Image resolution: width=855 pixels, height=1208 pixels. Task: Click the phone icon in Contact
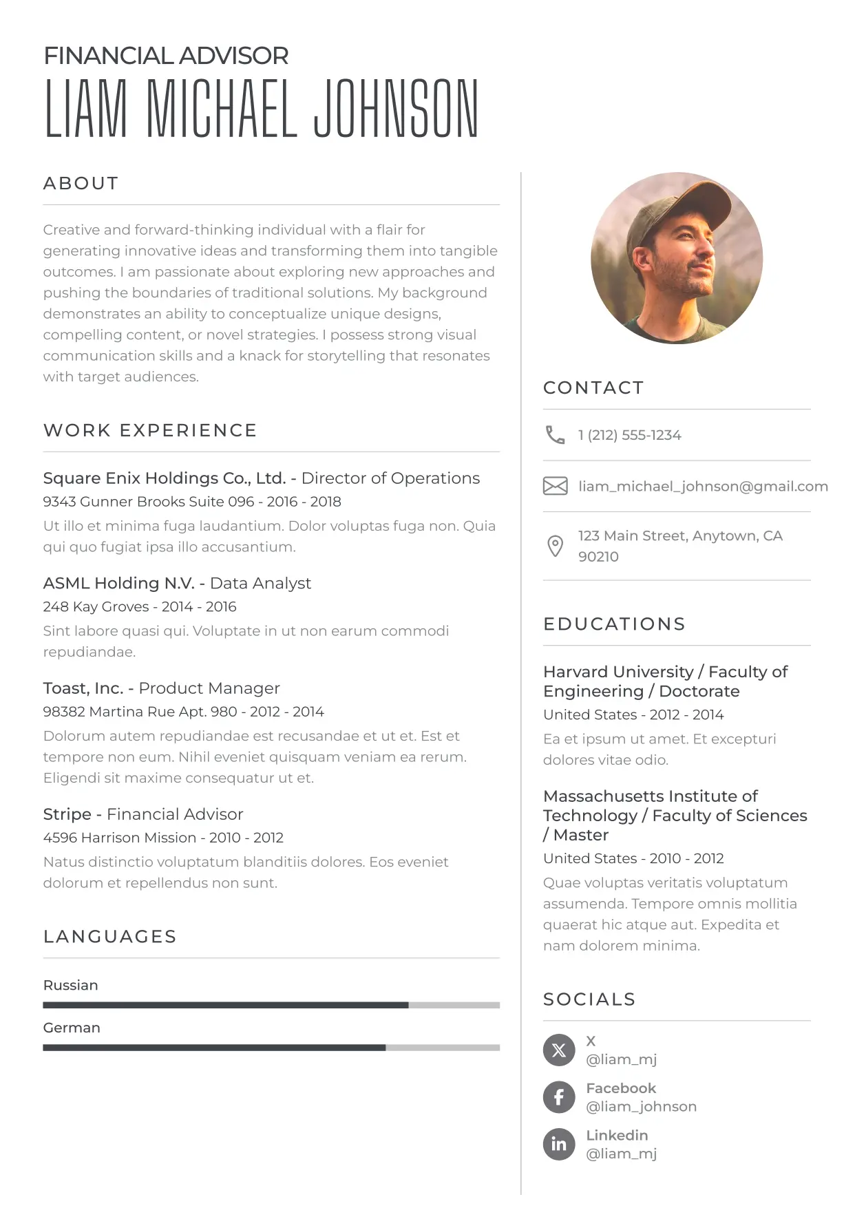(555, 434)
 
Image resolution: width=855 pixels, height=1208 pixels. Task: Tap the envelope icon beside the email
(555, 486)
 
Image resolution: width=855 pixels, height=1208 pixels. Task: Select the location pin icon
(555, 546)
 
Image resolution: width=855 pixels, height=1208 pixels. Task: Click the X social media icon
(558, 1050)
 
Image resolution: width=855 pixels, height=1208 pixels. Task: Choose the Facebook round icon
(558, 1096)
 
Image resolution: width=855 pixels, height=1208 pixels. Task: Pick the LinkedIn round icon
(558, 1144)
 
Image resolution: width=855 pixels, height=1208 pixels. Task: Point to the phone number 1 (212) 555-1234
(629, 435)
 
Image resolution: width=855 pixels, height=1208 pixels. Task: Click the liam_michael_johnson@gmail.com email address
(703, 486)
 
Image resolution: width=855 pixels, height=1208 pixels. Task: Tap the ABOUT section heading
(81, 183)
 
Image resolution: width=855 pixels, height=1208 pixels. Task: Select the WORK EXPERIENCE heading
(150, 430)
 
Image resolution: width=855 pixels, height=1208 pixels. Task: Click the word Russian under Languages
(70, 985)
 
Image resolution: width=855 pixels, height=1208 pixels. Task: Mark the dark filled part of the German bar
(213, 1048)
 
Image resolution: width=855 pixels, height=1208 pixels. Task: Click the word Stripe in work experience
(67, 814)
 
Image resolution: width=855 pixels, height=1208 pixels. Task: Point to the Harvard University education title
(618, 672)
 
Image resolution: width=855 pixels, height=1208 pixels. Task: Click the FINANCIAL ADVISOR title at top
(166, 56)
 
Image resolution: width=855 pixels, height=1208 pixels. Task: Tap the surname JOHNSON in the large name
(396, 109)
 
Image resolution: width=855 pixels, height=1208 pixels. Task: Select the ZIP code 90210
(598, 556)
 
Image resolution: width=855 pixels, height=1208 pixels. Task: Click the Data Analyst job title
(260, 583)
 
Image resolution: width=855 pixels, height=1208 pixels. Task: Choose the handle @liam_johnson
(641, 1106)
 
